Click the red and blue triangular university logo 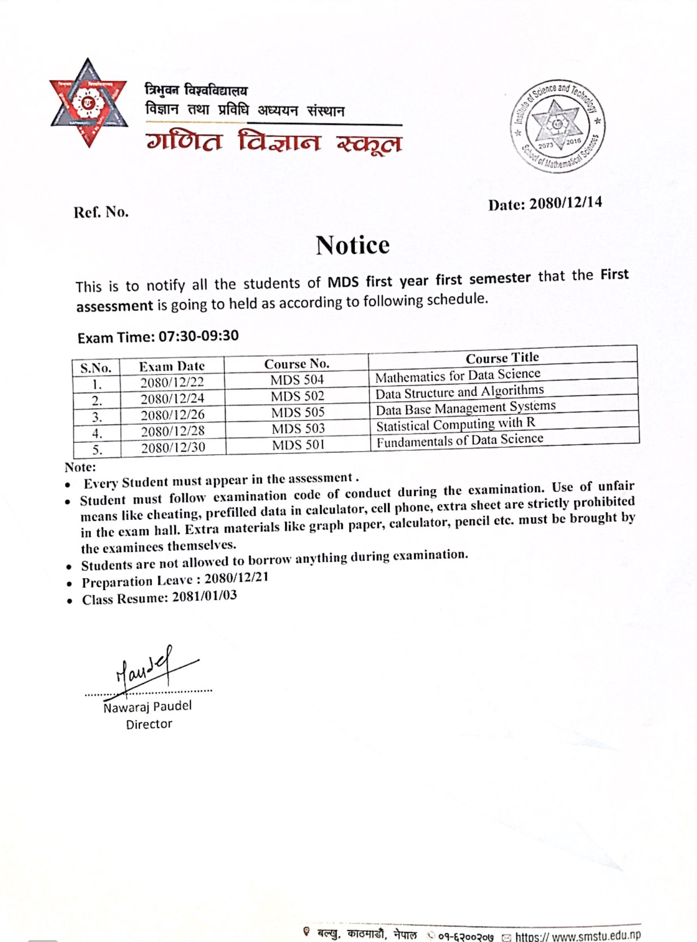point(88,103)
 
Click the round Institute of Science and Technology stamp point(558,126)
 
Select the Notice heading point(353,245)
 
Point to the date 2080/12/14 point(565,203)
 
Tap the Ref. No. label point(101,212)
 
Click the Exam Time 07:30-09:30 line point(158,337)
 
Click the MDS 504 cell point(297,380)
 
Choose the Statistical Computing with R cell point(456,424)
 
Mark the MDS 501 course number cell point(298,445)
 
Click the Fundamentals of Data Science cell point(460,440)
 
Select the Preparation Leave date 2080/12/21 point(236,578)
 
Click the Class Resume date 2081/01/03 point(204,596)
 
